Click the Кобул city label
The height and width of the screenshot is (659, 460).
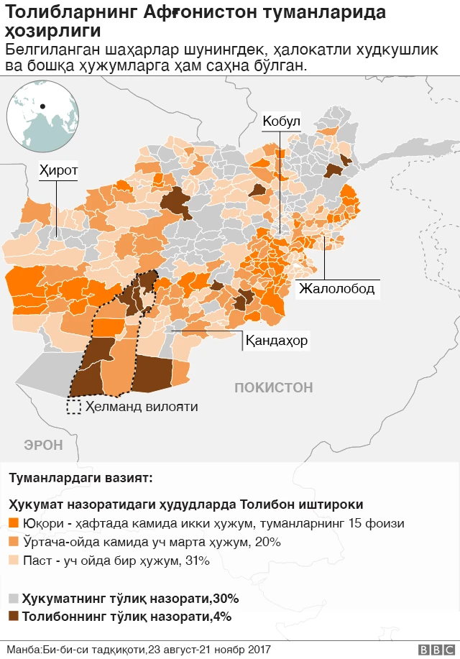tap(281, 121)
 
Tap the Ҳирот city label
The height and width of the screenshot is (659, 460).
tap(58, 170)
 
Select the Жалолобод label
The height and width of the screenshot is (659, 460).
tap(336, 289)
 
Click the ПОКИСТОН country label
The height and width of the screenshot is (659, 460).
tap(273, 387)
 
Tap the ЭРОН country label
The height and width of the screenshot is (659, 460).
tap(43, 445)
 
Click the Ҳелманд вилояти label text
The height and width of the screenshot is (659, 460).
tap(142, 407)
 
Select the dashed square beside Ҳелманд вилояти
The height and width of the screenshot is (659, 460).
tap(73, 407)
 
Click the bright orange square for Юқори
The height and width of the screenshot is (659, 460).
tap(14, 523)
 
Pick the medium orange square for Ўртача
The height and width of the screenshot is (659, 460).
tap(14, 542)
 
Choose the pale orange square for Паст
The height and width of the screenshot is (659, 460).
tap(14, 561)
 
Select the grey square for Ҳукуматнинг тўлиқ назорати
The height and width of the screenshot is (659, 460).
tap(14, 598)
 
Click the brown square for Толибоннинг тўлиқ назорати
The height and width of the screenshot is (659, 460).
tap(14, 617)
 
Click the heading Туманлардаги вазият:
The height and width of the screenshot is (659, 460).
tap(80, 478)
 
